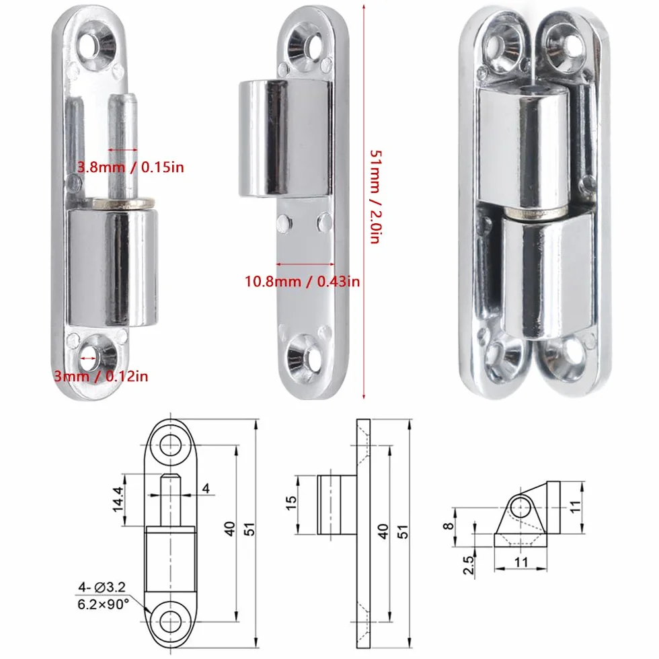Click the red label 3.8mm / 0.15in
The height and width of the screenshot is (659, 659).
(x=130, y=167)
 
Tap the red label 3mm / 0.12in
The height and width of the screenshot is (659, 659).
(x=101, y=376)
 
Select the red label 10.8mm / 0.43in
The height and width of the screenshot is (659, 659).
(x=303, y=281)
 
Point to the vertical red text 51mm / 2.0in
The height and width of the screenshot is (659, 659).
(x=375, y=196)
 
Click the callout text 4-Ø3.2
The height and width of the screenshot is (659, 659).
(x=102, y=586)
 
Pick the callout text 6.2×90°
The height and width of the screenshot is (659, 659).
(x=103, y=605)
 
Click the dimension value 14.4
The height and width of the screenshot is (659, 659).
(x=118, y=500)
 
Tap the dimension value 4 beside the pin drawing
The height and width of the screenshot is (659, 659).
(x=206, y=488)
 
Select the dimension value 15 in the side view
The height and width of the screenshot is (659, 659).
(x=290, y=503)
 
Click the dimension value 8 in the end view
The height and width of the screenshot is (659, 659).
(x=449, y=526)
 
